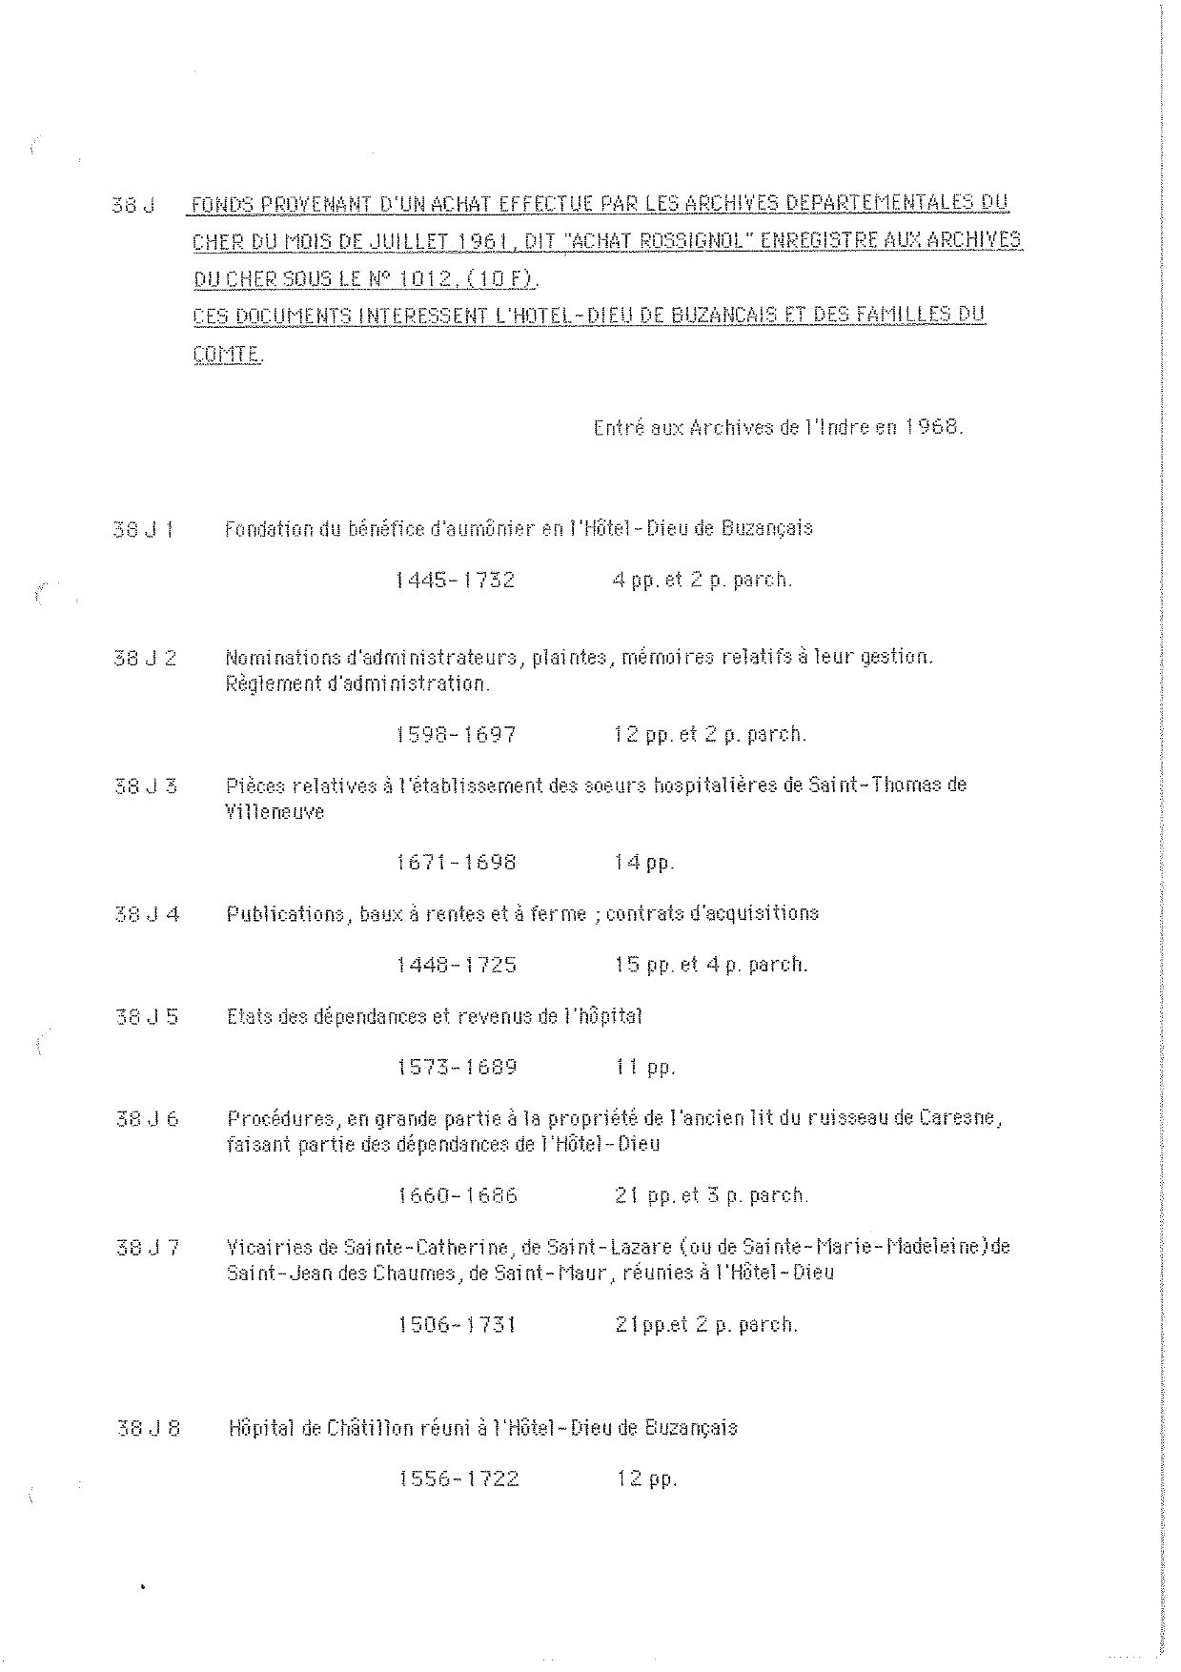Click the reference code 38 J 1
pos(143,529)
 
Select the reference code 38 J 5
pos(147,1016)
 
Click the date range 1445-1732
pos(456,580)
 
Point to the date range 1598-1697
pos(456,735)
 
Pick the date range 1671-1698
pos(457,863)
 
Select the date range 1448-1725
pos(457,965)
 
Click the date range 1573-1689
pos(458,1067)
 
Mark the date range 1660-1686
pos(458,1195)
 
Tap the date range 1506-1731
pos(457,1324)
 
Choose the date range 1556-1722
pos(458,1479)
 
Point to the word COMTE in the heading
pos(227,355)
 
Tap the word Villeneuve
pos(275,812)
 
